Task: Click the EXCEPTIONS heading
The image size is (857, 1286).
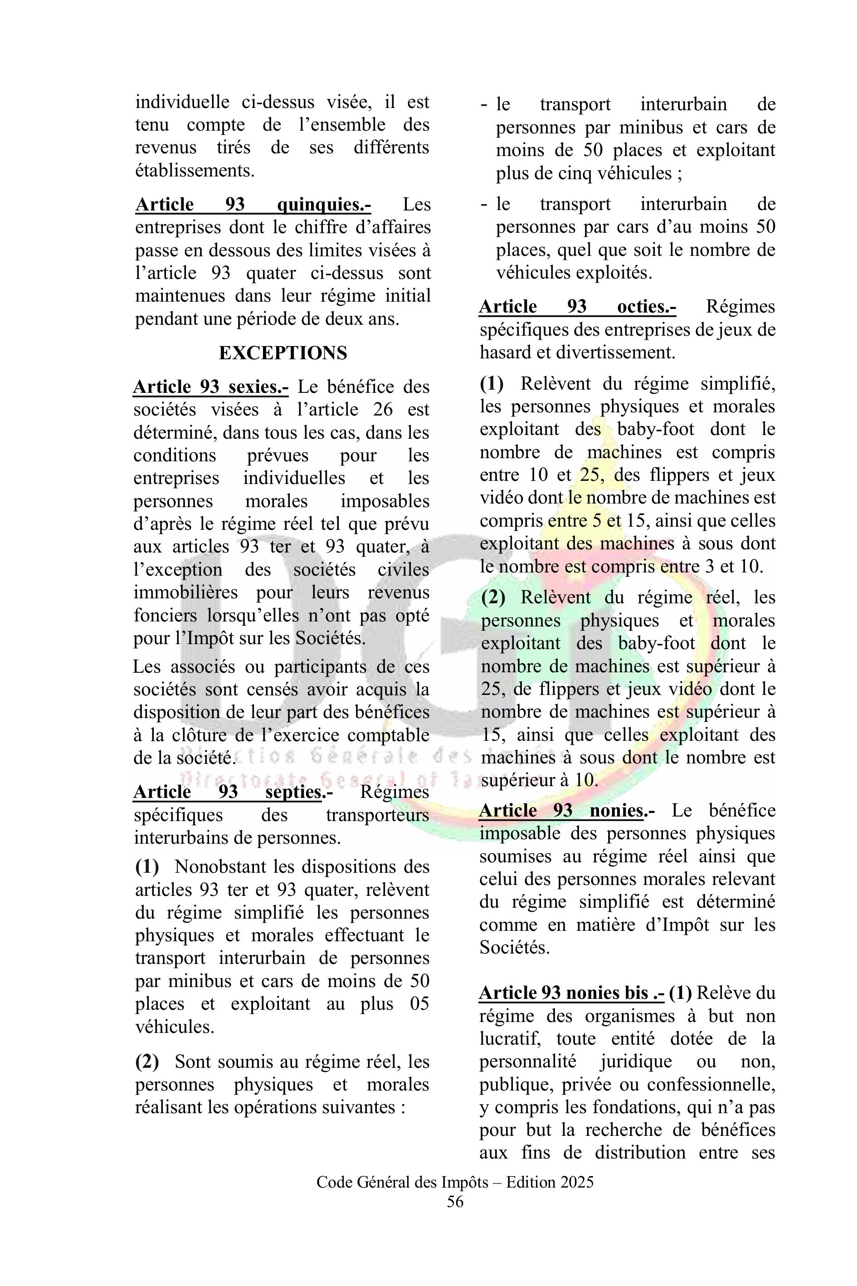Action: (x=282, y=353)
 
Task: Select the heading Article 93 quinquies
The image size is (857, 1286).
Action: (x=253, y=205)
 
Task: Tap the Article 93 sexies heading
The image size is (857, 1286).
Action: (x=210, y=387)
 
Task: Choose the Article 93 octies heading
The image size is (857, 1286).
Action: (x=577, y=307)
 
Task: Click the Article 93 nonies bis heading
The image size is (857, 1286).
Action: (x=571, y=993)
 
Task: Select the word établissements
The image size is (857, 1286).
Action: (x=194, y=171)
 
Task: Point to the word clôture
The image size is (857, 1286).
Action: (x=195, y=735)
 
